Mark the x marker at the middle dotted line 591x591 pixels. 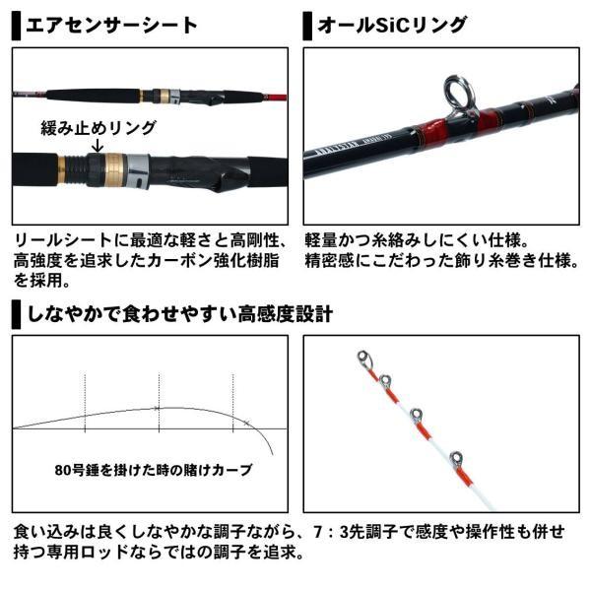tap(158, 408)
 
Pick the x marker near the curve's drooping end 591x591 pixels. tap(245, 422)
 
